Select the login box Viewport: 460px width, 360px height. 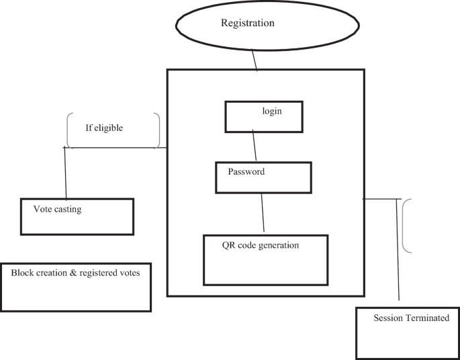[x=263, y=117]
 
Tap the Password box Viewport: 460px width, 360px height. [x=263, y=177]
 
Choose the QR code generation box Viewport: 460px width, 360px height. [x=265, y=259]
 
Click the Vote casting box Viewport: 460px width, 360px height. [x=77, y=216]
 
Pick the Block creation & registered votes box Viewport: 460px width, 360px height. [x=76, y=287]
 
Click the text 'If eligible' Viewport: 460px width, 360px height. [x=104, y=128]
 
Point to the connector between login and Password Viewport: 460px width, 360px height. [x=254, y=146]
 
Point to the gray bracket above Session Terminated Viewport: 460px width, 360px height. [x=406, y=226]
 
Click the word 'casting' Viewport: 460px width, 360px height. [x=68, y=209]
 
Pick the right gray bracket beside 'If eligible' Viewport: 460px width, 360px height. [x=157, y=130]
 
